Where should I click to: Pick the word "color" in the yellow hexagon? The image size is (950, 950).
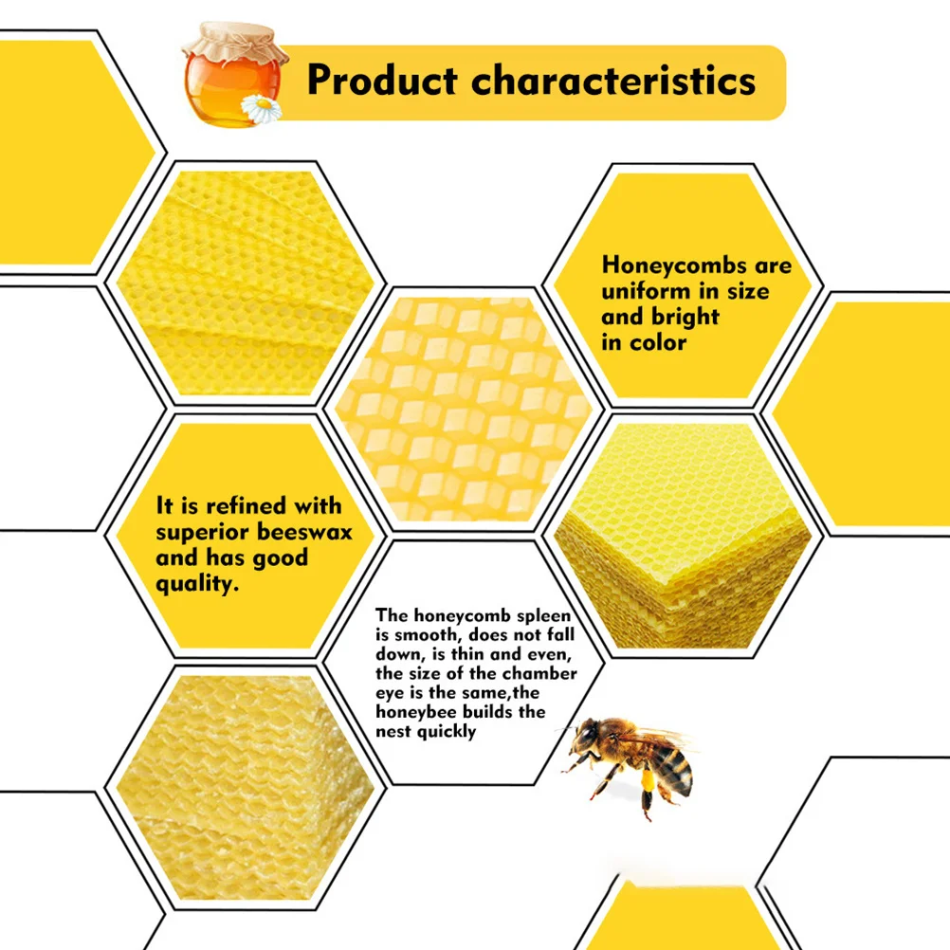[658, 342]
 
